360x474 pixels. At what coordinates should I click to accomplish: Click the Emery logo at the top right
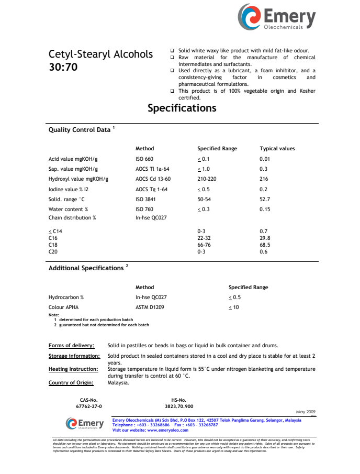point(277,17)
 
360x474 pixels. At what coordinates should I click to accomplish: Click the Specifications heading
point(182,108)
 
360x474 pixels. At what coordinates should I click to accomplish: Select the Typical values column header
point(277,149)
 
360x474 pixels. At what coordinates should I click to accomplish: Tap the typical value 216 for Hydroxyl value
point(264,179)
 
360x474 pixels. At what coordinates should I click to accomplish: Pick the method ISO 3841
point(144,199)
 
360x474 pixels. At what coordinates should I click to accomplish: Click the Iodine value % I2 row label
point(69,189)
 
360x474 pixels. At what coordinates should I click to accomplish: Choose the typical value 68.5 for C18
point(265,245)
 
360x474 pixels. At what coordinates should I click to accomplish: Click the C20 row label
point(53,251)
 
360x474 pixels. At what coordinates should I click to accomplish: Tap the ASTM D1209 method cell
point(150,307)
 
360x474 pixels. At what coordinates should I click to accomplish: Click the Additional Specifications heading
point(86,268)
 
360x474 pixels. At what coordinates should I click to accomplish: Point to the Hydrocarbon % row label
point(66,297)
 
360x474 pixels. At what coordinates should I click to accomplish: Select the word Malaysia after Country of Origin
point(118,382)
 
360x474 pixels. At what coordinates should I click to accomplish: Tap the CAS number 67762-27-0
point(89,406)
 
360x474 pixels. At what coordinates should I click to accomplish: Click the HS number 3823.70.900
point(179,406)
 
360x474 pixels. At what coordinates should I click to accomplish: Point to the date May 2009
point(306,412)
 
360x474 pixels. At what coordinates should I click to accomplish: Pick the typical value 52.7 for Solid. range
point(265,199)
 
